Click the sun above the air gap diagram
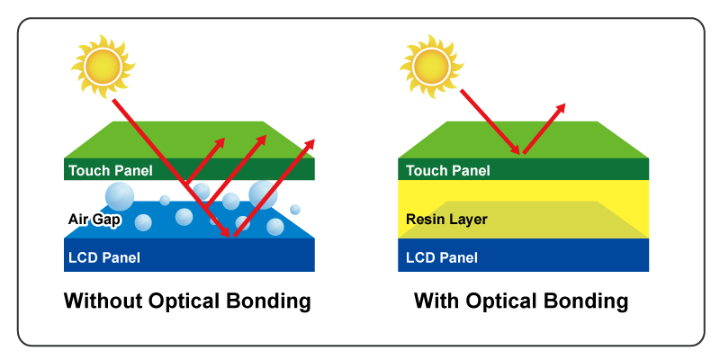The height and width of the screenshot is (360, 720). [103, 66]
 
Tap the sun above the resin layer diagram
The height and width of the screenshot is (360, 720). [431, 66]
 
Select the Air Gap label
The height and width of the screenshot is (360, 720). [93, 219]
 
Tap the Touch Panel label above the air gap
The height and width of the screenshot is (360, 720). [110, 170]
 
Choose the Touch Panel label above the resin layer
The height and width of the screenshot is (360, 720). [447, 170]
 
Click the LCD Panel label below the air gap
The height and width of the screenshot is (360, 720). [104, 258]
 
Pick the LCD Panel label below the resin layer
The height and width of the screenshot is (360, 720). [441, 258]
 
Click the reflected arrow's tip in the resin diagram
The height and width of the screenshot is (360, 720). [564, 105]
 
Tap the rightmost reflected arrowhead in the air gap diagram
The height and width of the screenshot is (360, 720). [314, 142]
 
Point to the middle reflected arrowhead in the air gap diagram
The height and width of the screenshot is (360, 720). [265, 139]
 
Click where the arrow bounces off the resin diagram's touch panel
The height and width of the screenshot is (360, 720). [520, 153]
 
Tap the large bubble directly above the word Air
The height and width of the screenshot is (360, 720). [120, 193]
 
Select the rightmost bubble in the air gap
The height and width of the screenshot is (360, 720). [296, 208]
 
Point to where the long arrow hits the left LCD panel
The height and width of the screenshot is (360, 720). [232, 236]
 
